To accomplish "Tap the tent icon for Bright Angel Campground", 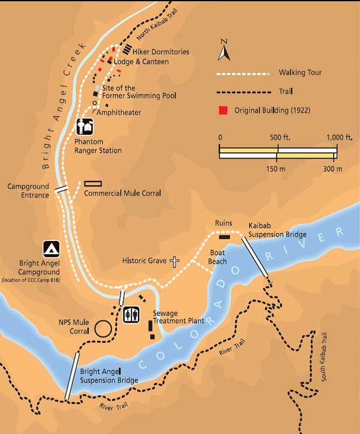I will click(x=51, y=249).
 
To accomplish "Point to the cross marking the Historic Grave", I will click(x=175, y=261).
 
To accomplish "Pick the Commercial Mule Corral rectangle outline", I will click(x=93, y=183).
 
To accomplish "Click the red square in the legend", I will click(x=223, y=111).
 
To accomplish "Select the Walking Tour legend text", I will click(x=300, y=73).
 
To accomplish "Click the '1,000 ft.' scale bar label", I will click(x=340, y=137).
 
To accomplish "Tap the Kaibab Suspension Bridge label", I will click(x=277, y=230).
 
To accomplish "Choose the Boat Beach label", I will click(x=217, y=257).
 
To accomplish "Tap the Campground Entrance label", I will click(x=28, y=191).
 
